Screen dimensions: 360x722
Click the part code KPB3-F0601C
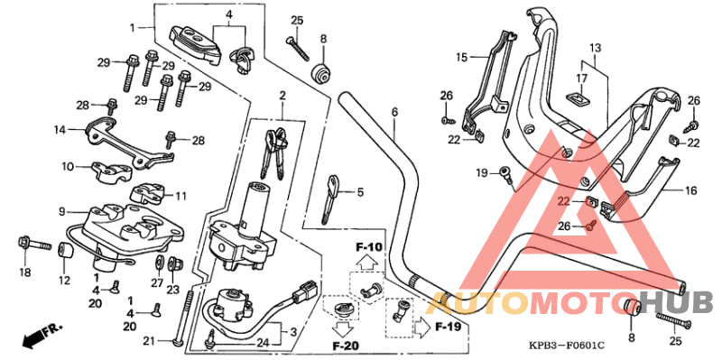tap(568, 345)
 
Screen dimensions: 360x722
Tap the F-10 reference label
tap(369, 247)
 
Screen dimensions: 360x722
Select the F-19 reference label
tap(449, 325)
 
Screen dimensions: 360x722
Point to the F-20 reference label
tap(346, 345)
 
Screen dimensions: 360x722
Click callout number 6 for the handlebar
tap(394, 113)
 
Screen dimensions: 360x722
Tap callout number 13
tap(595, 47)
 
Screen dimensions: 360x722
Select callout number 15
tap(461, 58)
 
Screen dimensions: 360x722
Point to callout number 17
tap(581, 78)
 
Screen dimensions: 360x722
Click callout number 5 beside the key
tap(359, 192)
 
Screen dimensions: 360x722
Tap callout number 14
tap(59, 130)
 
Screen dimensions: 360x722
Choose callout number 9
tap(62, 211)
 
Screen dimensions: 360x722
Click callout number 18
tap(24, 272)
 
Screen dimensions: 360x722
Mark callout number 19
tap(481, 172)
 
